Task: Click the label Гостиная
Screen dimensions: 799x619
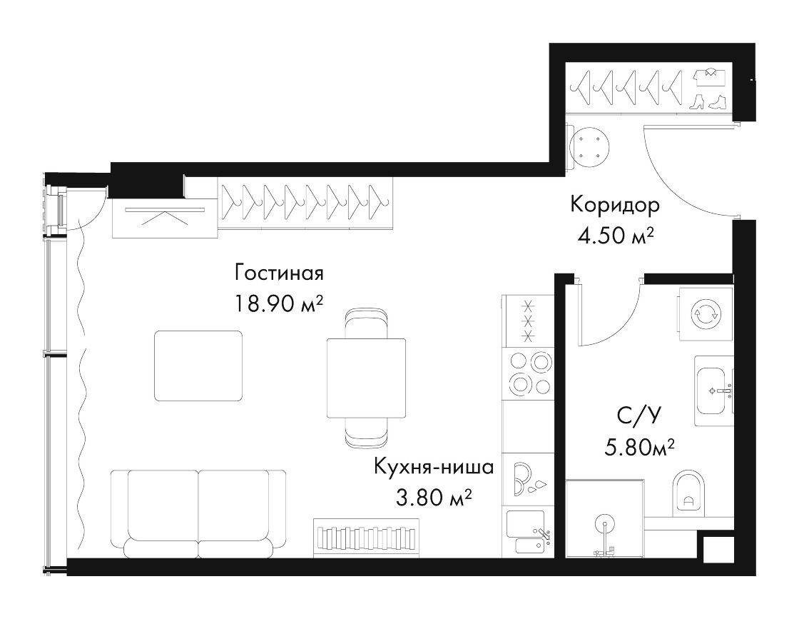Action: click(279, 273)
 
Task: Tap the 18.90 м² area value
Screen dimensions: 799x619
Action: click(279, 304)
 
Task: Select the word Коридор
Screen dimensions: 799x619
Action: click(615, 205)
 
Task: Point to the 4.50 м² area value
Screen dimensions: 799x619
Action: click(616, 236)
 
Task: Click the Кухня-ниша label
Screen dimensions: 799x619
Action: click(434, 467)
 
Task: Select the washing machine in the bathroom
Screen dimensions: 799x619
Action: click(706, 313)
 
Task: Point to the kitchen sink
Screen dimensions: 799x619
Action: click(528, 533)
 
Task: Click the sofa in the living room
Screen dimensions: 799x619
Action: click(198, 513)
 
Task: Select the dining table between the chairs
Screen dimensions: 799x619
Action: click(367, 378)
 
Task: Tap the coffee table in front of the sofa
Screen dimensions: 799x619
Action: click(198, 365)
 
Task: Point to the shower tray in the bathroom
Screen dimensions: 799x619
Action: click(604, 519)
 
